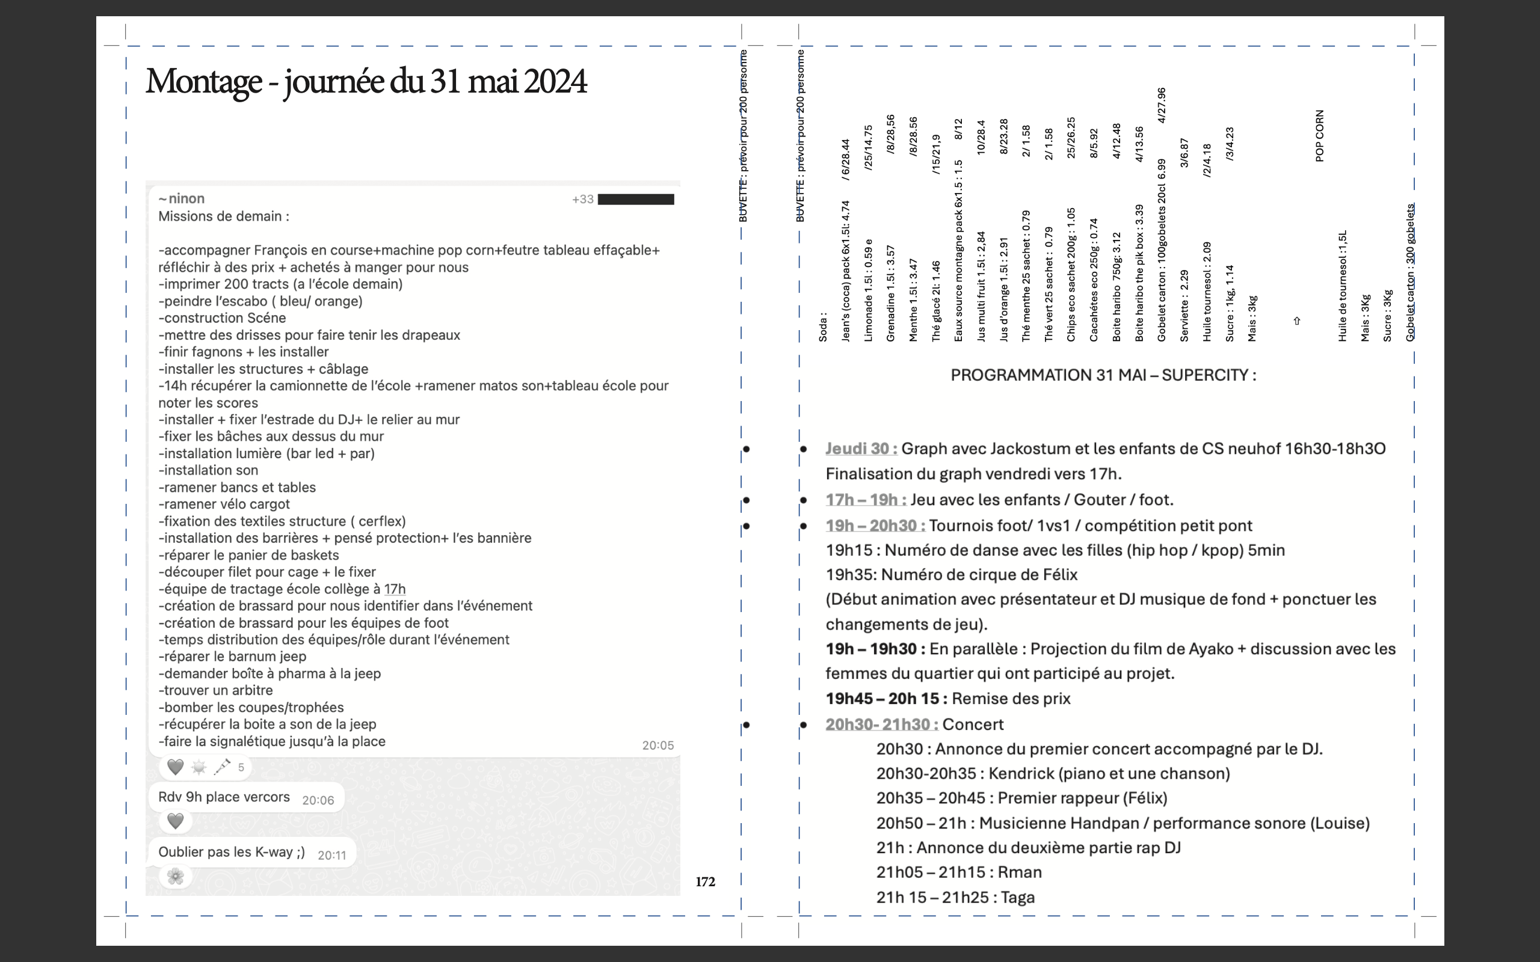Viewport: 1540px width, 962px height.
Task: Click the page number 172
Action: [x=705, y=881]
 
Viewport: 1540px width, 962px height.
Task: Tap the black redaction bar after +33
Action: [x=636, y=199]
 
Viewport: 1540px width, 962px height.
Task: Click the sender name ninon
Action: [x=186, y=198]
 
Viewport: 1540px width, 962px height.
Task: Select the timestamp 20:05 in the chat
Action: [x=658, y=745]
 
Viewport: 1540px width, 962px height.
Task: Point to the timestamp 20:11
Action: [x=331, y=855]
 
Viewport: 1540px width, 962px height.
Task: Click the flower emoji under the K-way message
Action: [x=176, y=876]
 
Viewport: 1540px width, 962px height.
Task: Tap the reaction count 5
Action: [x=241, y=767]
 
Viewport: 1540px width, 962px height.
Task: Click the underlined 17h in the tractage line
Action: [x=395, y=589]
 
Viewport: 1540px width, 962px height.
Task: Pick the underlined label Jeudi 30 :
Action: [x=861, y=449]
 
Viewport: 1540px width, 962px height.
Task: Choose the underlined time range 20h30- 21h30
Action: [x=881, y=724]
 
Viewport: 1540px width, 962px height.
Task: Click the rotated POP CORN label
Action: [x=1320, y=135]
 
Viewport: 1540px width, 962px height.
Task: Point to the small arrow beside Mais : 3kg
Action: [x=1297, y=321]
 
